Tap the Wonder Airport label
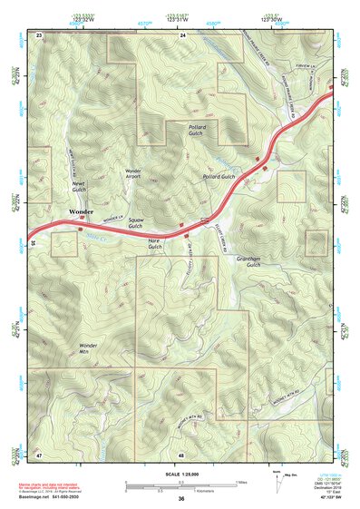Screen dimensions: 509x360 pyautogui.click(x=132, y=174)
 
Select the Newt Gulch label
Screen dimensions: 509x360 pyautogui.click(x=78, y=185)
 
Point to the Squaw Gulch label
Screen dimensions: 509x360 pyautogui.click(x=136, y=224)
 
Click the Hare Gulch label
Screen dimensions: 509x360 pyautogui.click(x=154, y=243)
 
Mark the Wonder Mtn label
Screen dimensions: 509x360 pyautogui.click(x=88, y=348)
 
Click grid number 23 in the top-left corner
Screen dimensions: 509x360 pyautogui.click(x=39, y=34)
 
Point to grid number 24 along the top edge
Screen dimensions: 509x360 pyautogui.click(x=181, y=34)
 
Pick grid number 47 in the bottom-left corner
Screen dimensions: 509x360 pyautogui.click(x=39, y=453)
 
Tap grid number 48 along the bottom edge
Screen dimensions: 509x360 pyautogui.click(x=181, y=453)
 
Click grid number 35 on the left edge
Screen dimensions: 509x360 pyautogui.click(x=33, y=243)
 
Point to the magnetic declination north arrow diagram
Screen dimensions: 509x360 pyautogui.click(x=277, y=482)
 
